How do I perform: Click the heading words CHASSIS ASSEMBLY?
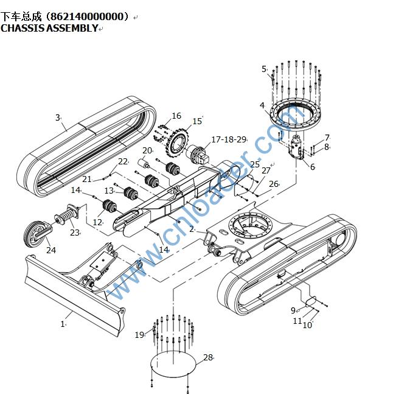click(49, 28)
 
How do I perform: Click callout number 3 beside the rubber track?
click(57, 117)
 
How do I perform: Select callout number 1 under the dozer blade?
click(62, 324)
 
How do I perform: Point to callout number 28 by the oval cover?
click(208, 357)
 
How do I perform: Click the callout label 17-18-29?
click(228, 140)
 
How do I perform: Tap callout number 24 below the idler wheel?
click(50, 250)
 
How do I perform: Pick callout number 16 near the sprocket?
click(176, 116)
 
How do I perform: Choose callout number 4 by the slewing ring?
click(262, 105)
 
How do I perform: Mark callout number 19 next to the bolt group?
click(139, 334)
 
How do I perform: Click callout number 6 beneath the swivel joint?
click(312, 167)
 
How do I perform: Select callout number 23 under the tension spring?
click(74, 232)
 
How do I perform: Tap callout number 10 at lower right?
click(307, 326)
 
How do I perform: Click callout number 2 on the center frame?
click(192, 229)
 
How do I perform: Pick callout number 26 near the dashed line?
click(273, 184)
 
